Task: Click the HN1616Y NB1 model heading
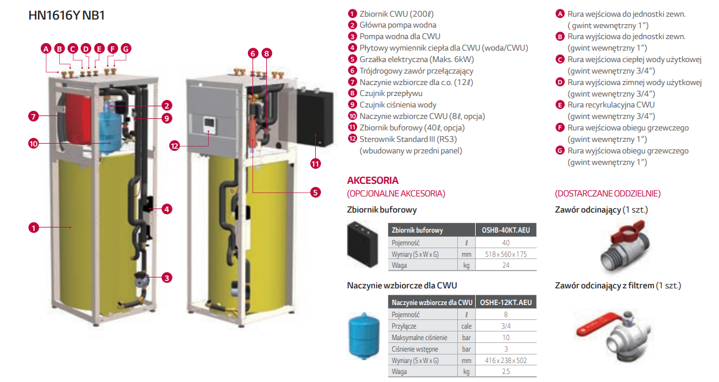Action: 67,16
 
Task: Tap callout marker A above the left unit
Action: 46,49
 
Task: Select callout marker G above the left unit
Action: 125,49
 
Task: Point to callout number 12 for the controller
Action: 175,146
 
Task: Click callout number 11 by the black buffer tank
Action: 315,163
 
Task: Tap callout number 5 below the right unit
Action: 315,192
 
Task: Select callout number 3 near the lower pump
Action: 167,278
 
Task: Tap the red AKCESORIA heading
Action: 373,180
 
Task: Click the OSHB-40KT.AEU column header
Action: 506,230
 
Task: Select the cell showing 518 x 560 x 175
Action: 506,254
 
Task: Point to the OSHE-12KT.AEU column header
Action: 506,302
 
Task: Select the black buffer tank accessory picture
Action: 362,244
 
